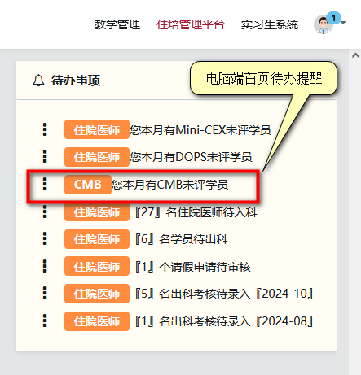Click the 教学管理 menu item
(117, 24)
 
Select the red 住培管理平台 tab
(191, 24)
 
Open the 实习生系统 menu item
(270, 24)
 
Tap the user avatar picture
(323, 25)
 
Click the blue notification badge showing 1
(333, 18)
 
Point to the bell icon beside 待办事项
(38, 81)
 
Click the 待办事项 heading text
(76, 81)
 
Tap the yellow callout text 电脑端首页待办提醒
(264, 78)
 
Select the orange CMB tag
(88, 185)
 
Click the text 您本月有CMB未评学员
(169, 185)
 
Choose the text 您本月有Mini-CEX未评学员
(200, 130)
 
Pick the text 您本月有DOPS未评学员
(191, 157)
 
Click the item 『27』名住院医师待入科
(196, 212)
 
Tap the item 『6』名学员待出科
(181, 239)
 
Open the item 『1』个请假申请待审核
(192, 267)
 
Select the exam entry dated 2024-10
(224, 294)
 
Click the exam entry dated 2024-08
(224, 321)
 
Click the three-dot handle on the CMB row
(45, 184)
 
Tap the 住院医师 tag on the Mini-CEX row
(97, 129)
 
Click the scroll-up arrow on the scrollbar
(355, 55)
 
